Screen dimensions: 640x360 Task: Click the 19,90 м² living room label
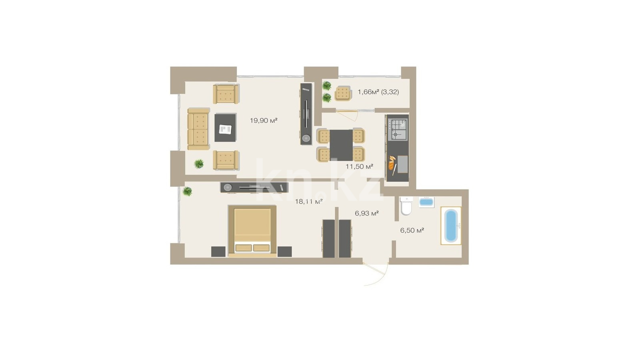click(264, 120)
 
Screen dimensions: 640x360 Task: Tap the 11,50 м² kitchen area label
click(360, 166)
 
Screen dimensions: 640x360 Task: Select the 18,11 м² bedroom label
click(309, 202)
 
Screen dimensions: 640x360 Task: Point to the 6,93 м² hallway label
click(367, 213)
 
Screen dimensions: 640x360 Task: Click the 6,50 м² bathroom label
click(412, 230)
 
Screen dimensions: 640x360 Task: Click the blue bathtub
click(451, 226)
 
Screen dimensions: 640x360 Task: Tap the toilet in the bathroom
click(406, 206)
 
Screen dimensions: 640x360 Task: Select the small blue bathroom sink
click(426, 202)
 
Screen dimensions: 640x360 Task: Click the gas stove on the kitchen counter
click(397, 130)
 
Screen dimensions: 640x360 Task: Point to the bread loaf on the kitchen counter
click(392, 163)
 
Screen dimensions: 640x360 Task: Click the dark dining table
click(342, 145)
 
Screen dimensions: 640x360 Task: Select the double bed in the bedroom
click(252, 231)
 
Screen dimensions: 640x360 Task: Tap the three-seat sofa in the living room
click(198, 129)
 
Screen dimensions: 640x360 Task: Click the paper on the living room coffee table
click(226, 129)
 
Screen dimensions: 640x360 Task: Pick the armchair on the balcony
click(343, 94)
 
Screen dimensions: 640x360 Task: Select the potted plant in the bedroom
click(188, 191)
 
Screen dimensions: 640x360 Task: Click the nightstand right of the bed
click(284, 252)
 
